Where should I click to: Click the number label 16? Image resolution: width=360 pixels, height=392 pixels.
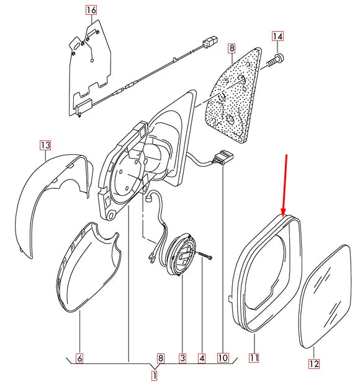[x=91, y=11]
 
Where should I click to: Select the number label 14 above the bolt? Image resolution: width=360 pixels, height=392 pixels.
[x=277, y=37]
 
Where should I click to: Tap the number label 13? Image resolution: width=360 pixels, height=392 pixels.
[x=45, y=145]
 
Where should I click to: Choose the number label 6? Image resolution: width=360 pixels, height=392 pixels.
[x=79, y=358]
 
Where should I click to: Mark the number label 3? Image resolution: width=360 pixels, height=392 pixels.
[x=182, y=358]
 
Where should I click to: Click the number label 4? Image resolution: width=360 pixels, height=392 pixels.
[x=202, y=358]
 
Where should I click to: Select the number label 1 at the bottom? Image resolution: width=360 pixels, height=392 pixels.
[x=155, y=375]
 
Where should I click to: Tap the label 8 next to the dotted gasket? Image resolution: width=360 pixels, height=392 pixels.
[x=232, y=47]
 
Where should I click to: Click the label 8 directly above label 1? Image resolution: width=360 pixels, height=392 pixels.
[x=160, y=358]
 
